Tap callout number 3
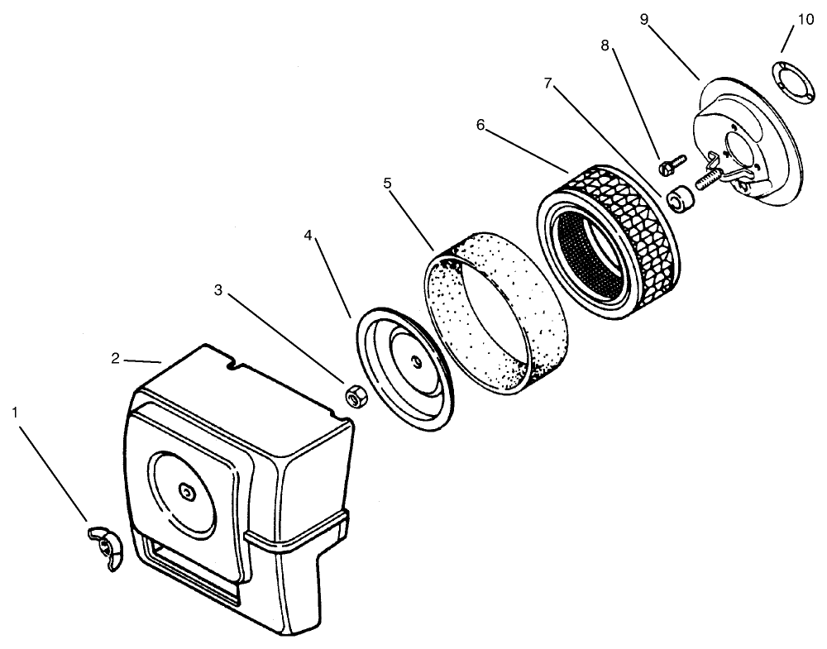218,290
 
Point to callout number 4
308,236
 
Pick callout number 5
387,183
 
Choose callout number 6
480,125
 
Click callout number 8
605,46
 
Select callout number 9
644,19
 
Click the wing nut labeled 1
104,546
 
